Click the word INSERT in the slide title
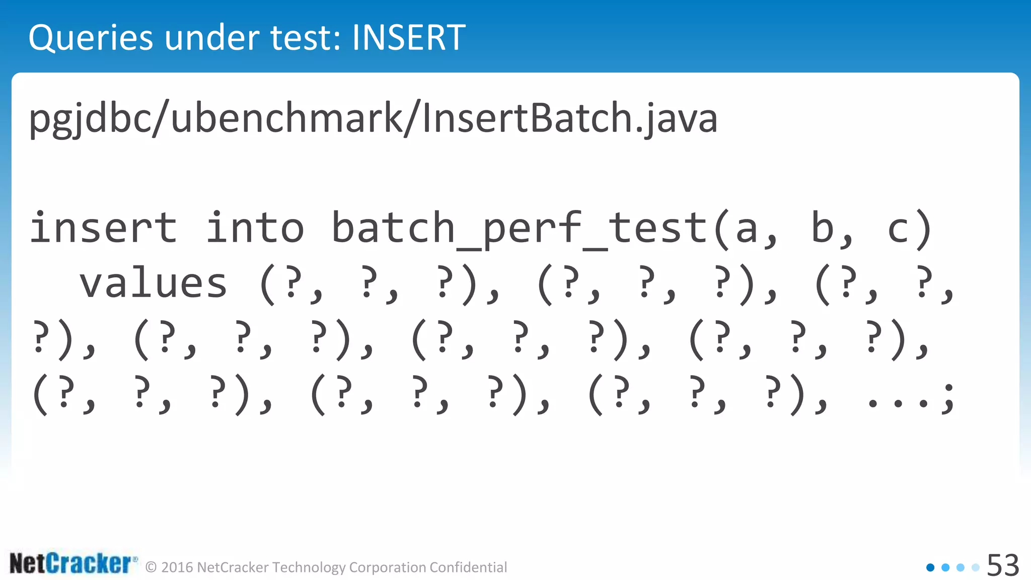point(408,38)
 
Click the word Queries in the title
point(91,39)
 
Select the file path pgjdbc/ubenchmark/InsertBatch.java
point(373,118)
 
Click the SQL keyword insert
point(103,228)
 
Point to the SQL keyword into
point(255,228)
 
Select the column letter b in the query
point(823,228)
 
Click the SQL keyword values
point(154,283)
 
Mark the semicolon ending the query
point(948,398)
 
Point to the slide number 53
point(1003,565)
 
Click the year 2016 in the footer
point(177,567)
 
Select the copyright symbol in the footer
point(151,567)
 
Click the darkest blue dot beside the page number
point(930,567)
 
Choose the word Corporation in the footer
point(388,567)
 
